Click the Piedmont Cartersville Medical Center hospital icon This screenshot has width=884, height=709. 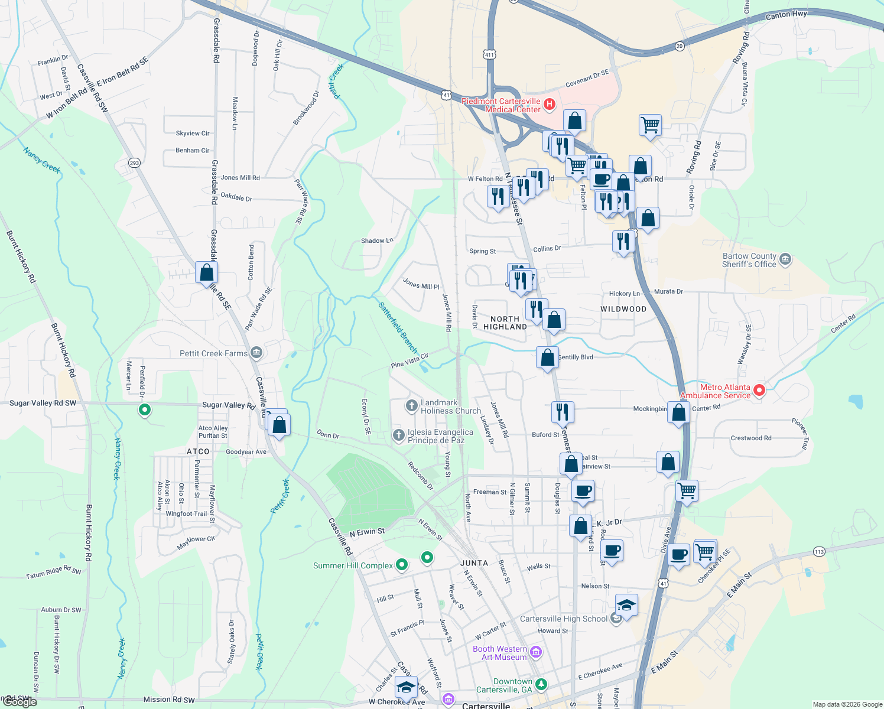[550, 105]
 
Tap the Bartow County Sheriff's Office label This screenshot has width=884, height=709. [749, 261]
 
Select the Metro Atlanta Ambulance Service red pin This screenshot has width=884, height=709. [760, 390]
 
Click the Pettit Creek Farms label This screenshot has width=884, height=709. [213, 353]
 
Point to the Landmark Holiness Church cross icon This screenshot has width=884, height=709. [411, 406]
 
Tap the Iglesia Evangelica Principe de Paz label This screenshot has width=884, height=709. [440, 436]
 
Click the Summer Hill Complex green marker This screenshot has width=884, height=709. [402, 565]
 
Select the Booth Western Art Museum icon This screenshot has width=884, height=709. [536, 652]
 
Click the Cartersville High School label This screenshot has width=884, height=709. [563, 619]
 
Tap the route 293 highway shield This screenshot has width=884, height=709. [134, 162]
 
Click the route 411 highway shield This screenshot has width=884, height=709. [489, 55]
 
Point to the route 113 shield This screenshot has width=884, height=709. [818, 552]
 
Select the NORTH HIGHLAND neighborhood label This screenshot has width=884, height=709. [505, 323]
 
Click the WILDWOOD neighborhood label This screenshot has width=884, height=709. [623, 309]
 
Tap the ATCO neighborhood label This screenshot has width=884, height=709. [198, 451]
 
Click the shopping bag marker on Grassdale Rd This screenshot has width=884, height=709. [206, 273]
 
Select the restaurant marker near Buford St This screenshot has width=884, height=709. [563, 411]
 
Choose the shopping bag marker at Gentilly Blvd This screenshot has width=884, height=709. [547, 357]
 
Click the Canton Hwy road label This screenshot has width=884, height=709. [786, 15]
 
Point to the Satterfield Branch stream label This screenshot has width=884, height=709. [398, 327]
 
